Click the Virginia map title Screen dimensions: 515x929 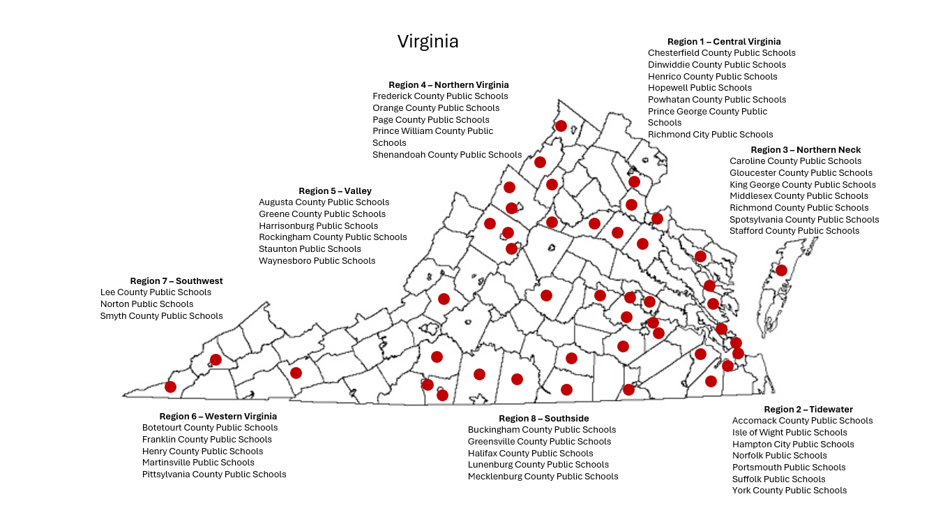428,41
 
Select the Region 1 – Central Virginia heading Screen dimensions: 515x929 723,42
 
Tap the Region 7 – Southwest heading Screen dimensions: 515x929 176,281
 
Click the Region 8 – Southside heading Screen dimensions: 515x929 543,419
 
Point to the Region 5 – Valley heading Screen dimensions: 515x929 335,191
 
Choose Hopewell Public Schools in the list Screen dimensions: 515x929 700,88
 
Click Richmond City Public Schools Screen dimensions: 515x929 710,135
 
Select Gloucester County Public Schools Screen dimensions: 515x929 801,173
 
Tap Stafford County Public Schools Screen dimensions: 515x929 794,231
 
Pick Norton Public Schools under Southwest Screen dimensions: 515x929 146,304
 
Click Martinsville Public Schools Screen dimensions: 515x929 198,463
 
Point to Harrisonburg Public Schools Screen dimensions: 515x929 318,226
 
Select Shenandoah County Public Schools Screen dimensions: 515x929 446,155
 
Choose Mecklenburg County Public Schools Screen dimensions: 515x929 543,477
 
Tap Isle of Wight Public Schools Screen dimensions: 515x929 790,433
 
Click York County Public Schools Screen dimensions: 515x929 789,491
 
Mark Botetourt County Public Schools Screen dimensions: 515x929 210,428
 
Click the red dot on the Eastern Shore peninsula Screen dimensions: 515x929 781,270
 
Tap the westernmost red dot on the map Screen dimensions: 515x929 170,387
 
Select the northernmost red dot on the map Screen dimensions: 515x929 561,126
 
